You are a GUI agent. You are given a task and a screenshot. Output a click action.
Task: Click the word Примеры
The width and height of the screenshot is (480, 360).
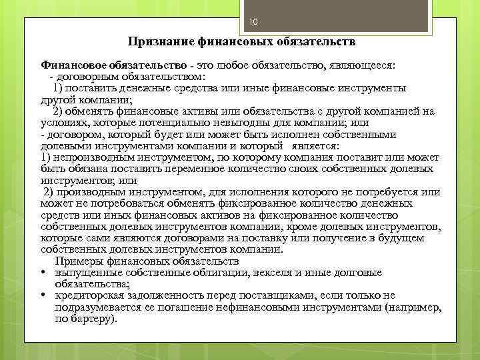[x=77, y=261]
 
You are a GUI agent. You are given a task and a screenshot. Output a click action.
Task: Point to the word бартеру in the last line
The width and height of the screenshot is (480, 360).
[x=94, y=319]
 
